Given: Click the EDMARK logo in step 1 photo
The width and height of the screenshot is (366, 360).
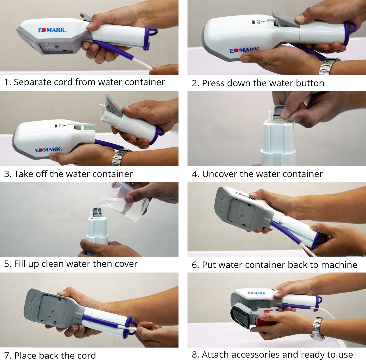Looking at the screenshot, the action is tap(52, 30).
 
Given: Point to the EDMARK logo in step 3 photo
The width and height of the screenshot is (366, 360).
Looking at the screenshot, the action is tap(49, 150).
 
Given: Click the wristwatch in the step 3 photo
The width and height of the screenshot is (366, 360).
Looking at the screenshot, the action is tap(121, 157).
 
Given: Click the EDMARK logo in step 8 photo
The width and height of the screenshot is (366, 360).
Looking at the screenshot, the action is tap(257, 293).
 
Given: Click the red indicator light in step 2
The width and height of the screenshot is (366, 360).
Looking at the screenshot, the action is tap(253, 22).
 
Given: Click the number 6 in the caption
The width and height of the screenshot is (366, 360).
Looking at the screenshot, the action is tap(194, 265).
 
